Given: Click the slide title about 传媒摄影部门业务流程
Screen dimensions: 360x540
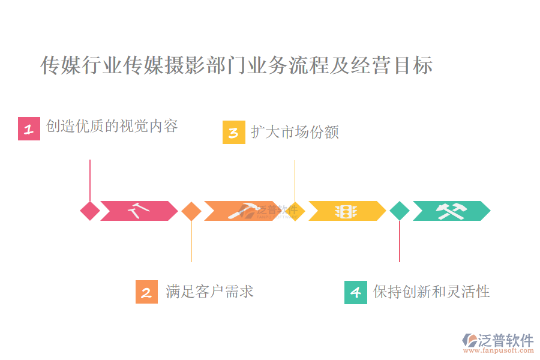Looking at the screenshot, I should [x=236, y=65].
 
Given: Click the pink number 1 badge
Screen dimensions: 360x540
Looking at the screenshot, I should [x=29, y=129].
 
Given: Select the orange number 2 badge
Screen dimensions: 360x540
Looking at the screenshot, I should [x=146, y=292].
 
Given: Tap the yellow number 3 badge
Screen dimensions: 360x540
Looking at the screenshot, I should [x=233, y=133].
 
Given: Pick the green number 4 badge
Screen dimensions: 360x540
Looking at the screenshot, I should [x=355, y=292].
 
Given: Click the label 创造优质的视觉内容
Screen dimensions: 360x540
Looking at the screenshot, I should [x=112, y=127].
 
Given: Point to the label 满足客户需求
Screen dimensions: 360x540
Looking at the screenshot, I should [x=210, y=292].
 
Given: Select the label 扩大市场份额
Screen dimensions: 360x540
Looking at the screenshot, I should [x=295, y=132].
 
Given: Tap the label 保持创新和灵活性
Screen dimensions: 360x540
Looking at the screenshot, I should [x=431, y=292].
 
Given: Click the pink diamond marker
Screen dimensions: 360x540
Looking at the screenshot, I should [x=90, y=211].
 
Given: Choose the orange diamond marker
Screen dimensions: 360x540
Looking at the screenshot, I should [x=191, y=211].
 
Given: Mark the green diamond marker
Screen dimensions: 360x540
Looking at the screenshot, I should [x=400, y=211].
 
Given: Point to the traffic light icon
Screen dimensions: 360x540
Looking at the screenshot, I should [x=346, y=211].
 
